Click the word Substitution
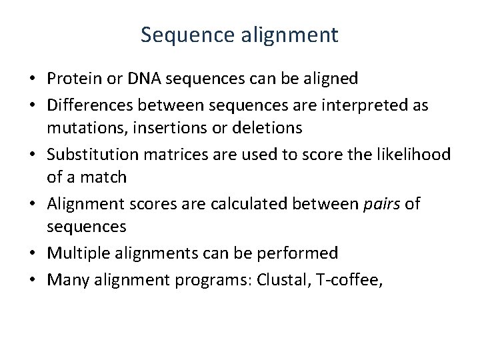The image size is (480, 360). click(89, 154)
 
